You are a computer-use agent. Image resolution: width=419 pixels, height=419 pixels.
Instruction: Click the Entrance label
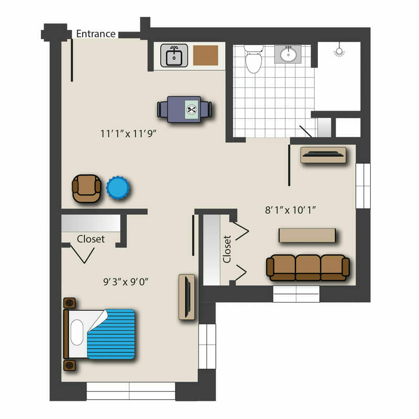pos(96,34)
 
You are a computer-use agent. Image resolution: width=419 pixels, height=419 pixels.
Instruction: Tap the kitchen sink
pos(174,56)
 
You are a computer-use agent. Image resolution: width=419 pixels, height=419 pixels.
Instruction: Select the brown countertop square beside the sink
pos(205,56)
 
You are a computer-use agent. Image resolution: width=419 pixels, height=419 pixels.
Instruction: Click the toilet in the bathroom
pos(253,59)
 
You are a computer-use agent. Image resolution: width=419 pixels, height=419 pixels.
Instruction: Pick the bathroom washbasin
pos(288,54)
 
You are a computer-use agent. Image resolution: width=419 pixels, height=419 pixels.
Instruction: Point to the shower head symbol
pos(339,50)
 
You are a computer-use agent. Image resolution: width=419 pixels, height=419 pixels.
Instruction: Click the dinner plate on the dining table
pos(192,109)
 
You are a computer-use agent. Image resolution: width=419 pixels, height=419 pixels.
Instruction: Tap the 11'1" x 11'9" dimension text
pos(128,134)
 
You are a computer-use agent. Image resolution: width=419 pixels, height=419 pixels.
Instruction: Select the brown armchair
pos(86,189)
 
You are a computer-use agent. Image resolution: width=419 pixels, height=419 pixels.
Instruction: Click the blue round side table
pos(118,188)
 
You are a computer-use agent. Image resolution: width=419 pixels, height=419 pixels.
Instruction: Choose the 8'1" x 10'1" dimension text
pos(290,210)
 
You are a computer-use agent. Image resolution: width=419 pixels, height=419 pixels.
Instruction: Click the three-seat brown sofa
pos(308,268)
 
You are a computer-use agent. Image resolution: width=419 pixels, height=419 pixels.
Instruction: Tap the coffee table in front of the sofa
pos(307,235)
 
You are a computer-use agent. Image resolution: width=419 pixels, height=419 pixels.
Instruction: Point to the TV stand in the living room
pos(323,155)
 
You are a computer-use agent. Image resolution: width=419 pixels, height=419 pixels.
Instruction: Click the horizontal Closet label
pos(91,239)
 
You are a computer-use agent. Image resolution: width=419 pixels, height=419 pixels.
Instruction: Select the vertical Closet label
pos(227,249)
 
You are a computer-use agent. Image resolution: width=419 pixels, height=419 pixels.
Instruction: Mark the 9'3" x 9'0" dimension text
pos(126,282)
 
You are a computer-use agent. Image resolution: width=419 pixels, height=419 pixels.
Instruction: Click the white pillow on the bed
pos(77,333)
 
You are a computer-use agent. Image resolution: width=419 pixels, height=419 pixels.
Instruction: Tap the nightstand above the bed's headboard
pos(70,303)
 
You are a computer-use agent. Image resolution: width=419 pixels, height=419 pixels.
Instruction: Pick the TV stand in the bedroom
pos(186,297)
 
